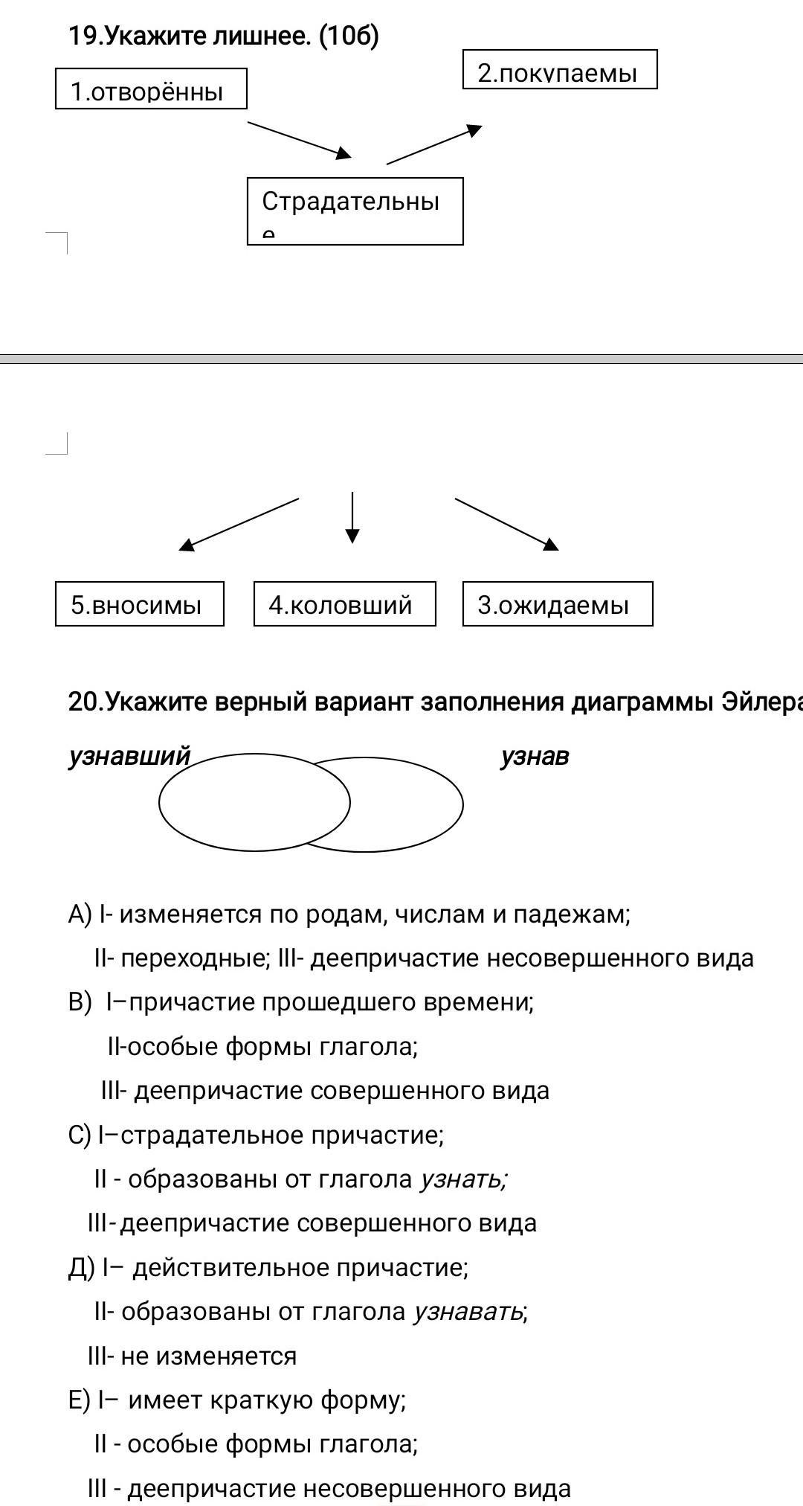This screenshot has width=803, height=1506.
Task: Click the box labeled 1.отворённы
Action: [151, 89]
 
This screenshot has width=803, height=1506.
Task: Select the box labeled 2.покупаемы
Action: [560, 70]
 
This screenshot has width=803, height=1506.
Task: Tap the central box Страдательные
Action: [355, 211]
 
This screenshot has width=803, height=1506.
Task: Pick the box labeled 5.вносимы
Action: [139, 604]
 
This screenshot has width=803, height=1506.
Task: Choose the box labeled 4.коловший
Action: [344, 604]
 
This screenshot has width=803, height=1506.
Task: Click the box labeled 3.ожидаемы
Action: [557, 604]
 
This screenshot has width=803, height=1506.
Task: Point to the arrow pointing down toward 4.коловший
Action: [352, 517]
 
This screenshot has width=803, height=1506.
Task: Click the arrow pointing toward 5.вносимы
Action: [238, 525]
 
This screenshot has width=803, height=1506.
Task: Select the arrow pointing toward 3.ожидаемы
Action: [506, 524]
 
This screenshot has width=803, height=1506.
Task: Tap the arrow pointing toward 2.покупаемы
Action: [434, 144]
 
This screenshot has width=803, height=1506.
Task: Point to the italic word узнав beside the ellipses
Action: [535, 756]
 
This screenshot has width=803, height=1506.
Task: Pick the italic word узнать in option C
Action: [463, 1179]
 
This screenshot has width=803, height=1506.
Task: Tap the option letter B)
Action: [80, 1002]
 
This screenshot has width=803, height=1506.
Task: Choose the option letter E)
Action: [79, 1400]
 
